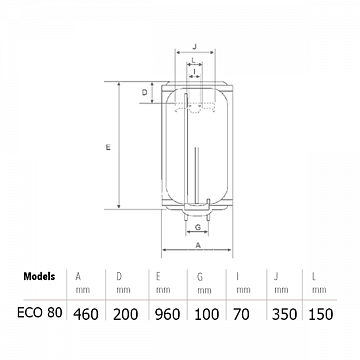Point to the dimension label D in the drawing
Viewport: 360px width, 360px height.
pyautogui.click(x=145, y=93)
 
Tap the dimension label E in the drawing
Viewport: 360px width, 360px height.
pyautogui.click(x=107, y=147)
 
